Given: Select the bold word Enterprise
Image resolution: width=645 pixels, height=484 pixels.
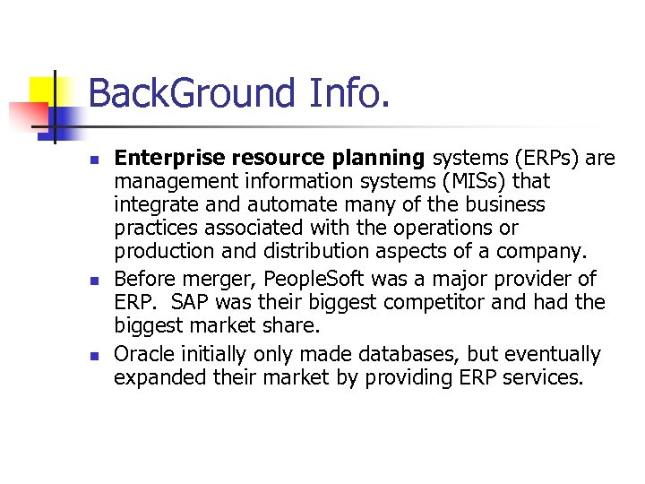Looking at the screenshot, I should click(x=169, y=159).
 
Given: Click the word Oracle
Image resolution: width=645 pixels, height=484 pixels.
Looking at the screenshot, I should click(x=142, y=354).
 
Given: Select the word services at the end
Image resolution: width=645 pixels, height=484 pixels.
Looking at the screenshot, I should click(x=547, y=378).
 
